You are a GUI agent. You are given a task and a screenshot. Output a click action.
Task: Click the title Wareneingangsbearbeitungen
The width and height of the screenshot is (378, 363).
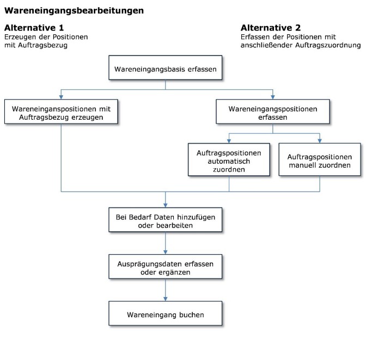coord(74,11)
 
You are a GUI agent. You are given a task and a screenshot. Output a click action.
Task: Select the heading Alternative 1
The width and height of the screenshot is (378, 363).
coord(34,28)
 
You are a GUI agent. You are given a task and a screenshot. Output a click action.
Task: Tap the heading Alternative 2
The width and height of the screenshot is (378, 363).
coord(271,28)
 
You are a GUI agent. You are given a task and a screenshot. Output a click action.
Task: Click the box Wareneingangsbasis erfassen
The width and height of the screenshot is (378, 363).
coord(166,67)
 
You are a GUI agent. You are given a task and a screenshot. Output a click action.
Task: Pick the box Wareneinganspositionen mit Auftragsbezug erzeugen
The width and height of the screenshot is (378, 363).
coord(61,112)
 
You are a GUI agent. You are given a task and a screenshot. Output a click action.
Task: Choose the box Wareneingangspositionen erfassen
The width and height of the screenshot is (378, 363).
coord(273,112)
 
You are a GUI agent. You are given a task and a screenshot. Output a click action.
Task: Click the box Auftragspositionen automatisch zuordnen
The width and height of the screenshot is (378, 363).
coord(229,159)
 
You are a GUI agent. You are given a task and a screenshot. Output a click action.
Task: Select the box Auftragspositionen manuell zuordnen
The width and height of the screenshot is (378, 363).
coord(320,159)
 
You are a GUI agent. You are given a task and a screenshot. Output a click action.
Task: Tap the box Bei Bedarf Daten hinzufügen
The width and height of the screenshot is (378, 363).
coord(166,220)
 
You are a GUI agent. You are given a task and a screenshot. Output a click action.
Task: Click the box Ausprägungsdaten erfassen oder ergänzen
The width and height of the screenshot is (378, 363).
coord(166,267)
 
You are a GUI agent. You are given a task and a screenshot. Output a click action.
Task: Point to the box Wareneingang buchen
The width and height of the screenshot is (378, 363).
coord(166,313)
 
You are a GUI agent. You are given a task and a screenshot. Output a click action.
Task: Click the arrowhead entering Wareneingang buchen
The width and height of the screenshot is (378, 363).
coord(166,299)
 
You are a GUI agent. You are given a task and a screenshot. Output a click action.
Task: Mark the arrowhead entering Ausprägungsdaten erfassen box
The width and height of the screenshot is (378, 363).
coord(166,252)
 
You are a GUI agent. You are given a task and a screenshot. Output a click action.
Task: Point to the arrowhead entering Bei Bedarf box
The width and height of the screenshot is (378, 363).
coord(166,206)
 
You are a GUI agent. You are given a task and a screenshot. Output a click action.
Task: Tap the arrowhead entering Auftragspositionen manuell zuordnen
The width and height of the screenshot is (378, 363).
coord(320,141)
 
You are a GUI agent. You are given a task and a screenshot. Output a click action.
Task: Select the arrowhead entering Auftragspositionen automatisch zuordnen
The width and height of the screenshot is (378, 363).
coord(229,141)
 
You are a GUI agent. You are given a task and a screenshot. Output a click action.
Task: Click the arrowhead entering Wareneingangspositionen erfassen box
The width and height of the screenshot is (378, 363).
coord(273,97)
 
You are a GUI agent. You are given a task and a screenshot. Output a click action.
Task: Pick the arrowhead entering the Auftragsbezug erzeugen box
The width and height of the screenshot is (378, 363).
coord(61,97)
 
